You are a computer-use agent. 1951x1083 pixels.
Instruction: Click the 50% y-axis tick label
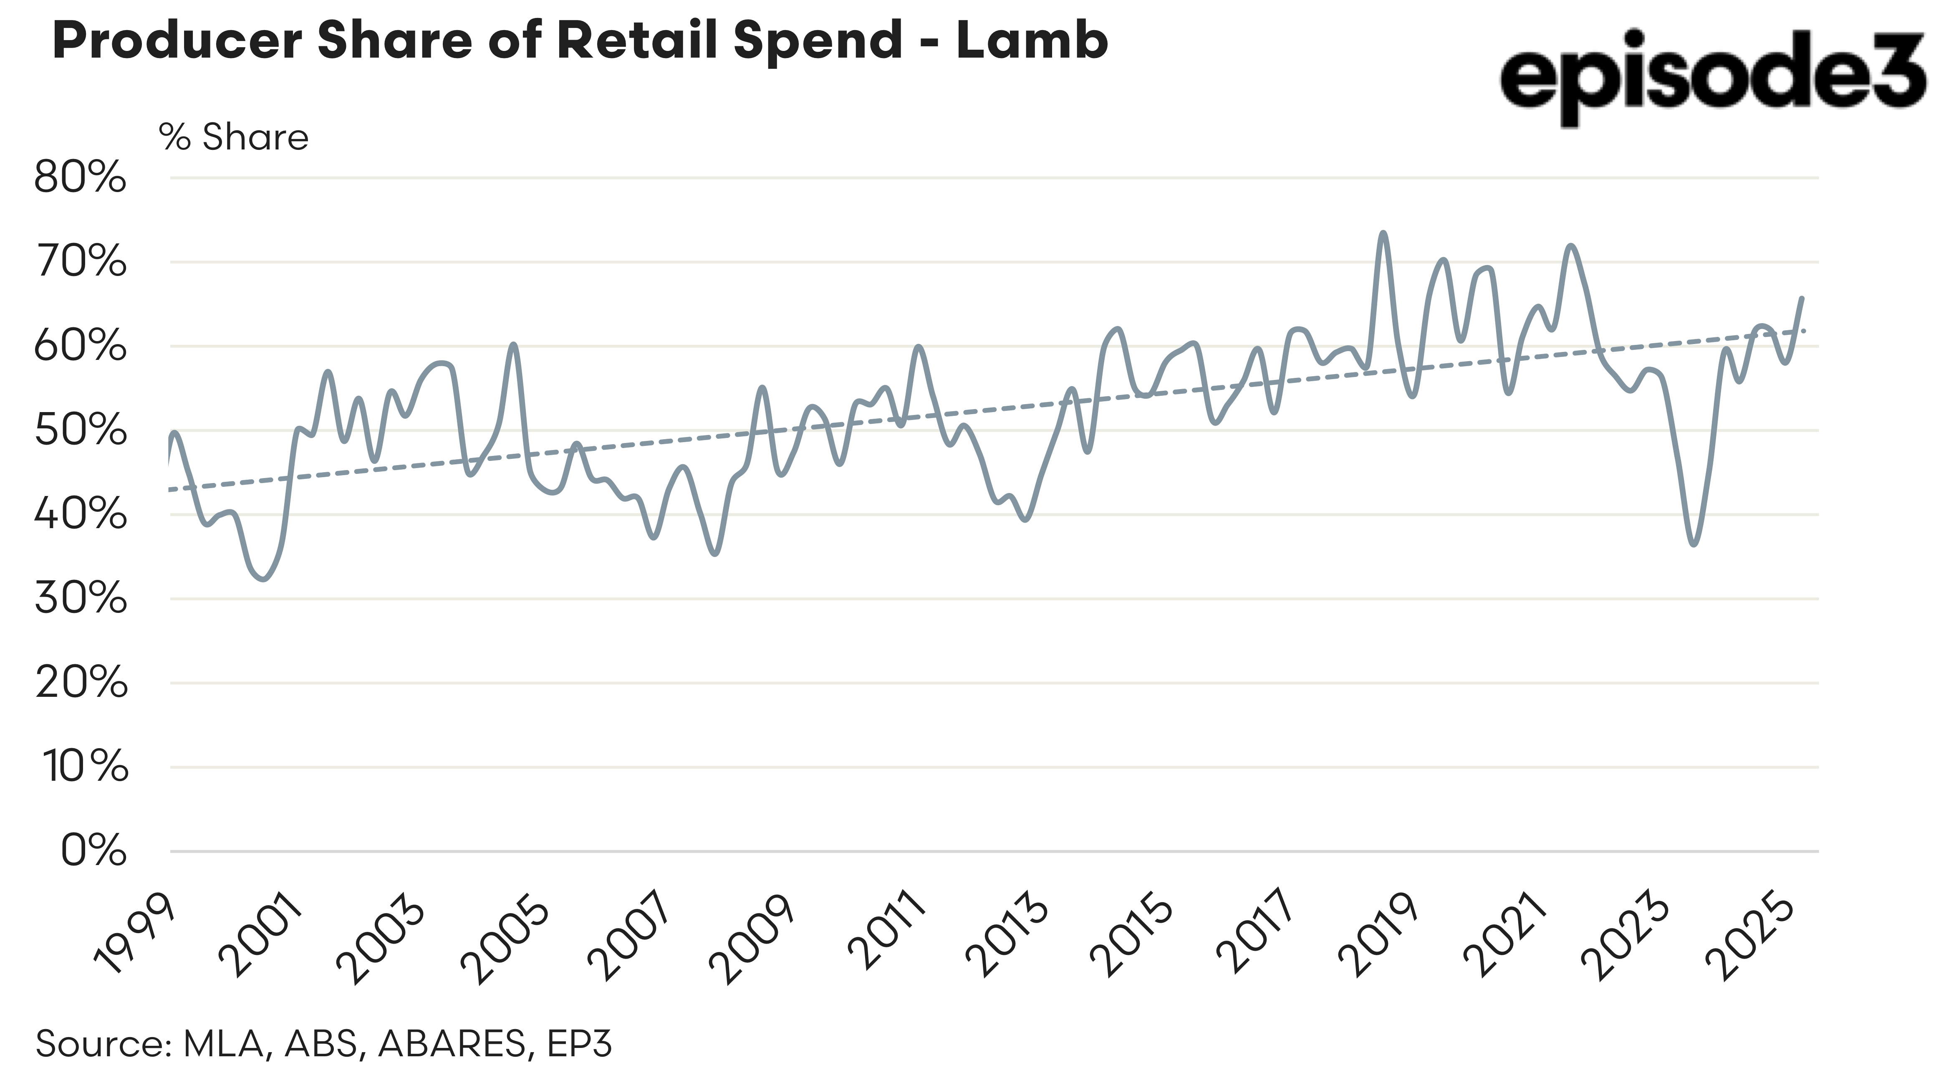click(80, 430)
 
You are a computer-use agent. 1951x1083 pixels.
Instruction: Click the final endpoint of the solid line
click(1802, 298)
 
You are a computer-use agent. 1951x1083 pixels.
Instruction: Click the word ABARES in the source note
click(452, 1044)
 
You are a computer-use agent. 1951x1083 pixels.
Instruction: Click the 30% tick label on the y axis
click(80, 599)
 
